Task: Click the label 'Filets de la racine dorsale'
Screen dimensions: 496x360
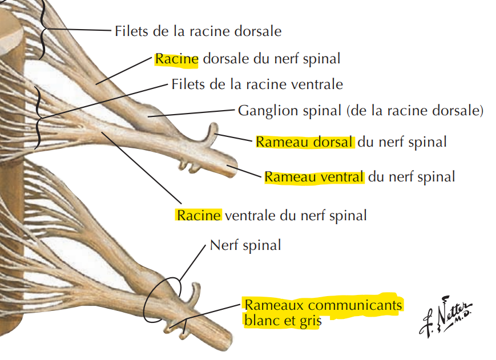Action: click(x=198, y=31)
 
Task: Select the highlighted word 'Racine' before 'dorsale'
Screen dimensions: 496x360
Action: click(x=176, y=59)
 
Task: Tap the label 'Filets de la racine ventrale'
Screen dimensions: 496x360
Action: click(x=257, y=84)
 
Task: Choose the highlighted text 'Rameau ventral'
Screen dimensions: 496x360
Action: click(x=314, y=177)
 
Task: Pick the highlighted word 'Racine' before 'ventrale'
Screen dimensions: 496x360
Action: click(x=199, y=215)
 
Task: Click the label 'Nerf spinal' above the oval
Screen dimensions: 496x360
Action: click(x=245, y=245)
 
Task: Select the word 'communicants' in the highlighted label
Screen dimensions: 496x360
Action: click(x=355, y=305)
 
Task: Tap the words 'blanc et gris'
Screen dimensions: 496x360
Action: click(x=283, y=321)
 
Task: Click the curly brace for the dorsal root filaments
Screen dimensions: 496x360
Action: click(x=43, y=30)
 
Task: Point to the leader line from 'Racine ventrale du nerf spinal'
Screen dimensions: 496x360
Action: click(x=142, y=168)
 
